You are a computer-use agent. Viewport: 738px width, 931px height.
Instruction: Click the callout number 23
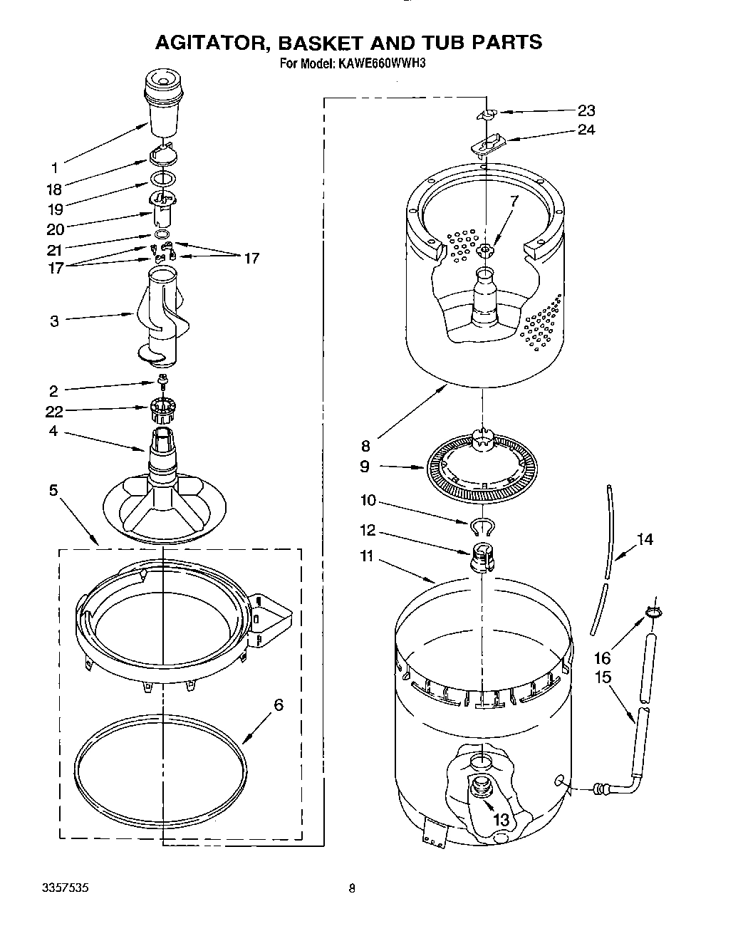(x=586, y=110)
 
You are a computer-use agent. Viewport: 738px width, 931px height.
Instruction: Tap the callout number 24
(x=586, y=130)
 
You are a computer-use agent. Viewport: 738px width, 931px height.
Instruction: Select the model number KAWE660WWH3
(x=385, y=64)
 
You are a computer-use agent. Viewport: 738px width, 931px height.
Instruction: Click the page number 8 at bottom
(x=352, y=888)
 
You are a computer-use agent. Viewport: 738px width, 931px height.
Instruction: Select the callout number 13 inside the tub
(x=501, y=820)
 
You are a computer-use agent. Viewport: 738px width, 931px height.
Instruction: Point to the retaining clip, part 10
(x=483, y=526)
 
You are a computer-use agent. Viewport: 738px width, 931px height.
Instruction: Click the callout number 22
(x=54, y=412)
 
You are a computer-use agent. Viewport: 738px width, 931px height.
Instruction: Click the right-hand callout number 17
(x=251, y=259)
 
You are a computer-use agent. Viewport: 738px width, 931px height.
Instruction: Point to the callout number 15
(x=603, y=677)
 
